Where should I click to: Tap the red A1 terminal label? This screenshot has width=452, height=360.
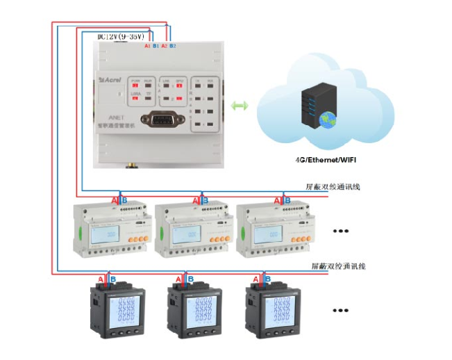147,46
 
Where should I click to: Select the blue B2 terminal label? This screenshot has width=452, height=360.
172,46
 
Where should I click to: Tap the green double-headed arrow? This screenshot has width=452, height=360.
240,105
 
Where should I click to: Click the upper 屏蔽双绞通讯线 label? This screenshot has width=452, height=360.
333,187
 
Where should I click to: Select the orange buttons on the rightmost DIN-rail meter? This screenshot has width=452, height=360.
297,238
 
